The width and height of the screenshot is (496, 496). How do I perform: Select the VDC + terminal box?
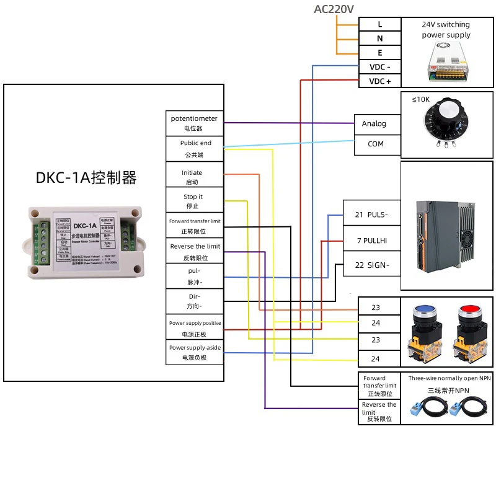coord(380,81)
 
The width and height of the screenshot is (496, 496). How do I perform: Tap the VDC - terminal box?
coord(380,67)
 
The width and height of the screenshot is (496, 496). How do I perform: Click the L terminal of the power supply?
coord(380,24)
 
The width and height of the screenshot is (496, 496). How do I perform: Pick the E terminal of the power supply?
coord(380,53)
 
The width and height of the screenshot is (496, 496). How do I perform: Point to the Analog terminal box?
coord(374,124)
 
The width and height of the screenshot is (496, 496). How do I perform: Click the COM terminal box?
coord(375,144)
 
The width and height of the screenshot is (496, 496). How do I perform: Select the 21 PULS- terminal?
coord(371,214)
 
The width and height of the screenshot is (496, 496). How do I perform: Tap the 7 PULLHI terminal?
coord(371,239)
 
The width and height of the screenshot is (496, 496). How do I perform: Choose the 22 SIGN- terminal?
coord(371,265)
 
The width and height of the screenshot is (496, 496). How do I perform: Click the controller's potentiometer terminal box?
coord(193,123)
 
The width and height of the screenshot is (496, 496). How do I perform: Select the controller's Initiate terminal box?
coord(192,177)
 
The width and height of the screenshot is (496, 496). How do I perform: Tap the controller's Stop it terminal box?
coord(192,201)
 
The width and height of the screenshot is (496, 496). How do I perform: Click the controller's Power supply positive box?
coord(194,328)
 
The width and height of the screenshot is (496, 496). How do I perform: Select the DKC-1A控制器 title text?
coord(86,178)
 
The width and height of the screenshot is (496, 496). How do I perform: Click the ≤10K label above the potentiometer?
coord(421,99)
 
